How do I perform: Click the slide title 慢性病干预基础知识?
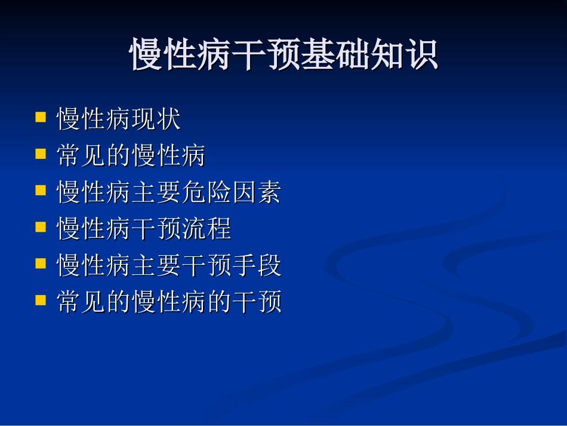click(284, 56)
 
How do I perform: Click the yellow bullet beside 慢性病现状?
click(41, 117)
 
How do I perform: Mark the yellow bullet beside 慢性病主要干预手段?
click(41, 263)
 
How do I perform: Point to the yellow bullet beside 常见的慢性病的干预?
click(41, 300)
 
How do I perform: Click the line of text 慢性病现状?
click(118, 119)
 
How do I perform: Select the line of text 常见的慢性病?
click(131, 157)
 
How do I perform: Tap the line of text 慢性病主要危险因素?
click(168, 193)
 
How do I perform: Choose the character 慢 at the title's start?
click(147, 56)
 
